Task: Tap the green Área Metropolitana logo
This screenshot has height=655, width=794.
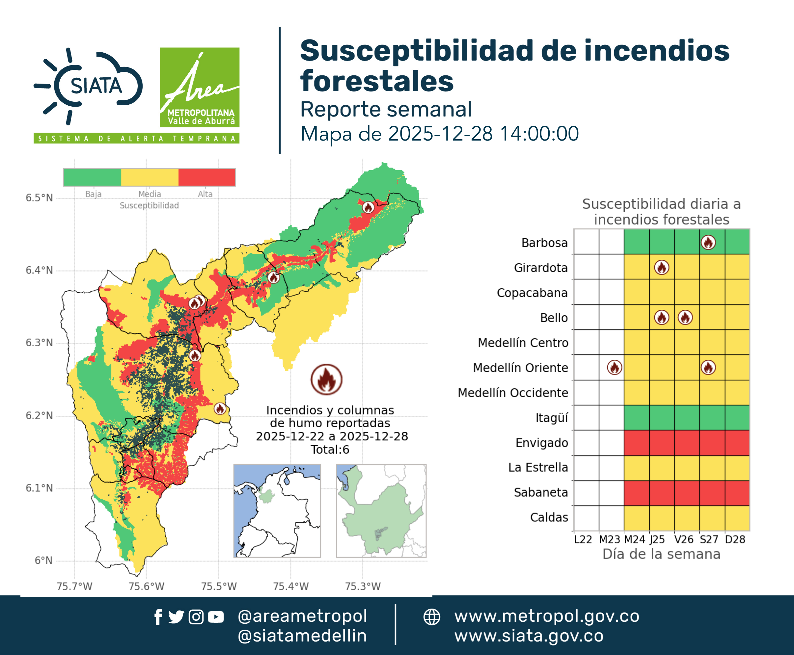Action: [x=199, y=87]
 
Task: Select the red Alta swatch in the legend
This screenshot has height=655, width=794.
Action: [x=206, y=177]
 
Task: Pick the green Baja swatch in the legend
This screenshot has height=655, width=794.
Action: [x=93, y=177]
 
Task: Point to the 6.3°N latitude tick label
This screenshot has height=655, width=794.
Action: [x=39, y=343]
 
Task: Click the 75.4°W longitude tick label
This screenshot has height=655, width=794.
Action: [x=291, y=586]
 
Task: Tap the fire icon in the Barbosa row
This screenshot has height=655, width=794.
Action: [x=708, y=242]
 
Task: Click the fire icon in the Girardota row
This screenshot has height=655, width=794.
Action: [x=662, y=268]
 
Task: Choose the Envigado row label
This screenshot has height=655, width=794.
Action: [x=542, y=443]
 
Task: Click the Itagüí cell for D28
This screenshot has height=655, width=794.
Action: [x=737, y=418]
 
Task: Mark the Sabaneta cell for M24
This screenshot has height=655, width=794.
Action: [x=637, y=493]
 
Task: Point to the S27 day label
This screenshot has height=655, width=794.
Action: [x=709, y=539]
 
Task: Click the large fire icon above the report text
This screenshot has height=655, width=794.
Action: [x=327, y=380]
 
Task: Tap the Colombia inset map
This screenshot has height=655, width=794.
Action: [x=277, y=511]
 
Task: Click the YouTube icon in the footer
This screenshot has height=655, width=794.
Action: [x=216, y=617]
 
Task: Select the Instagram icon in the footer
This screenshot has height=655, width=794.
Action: [x=196, y=617]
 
